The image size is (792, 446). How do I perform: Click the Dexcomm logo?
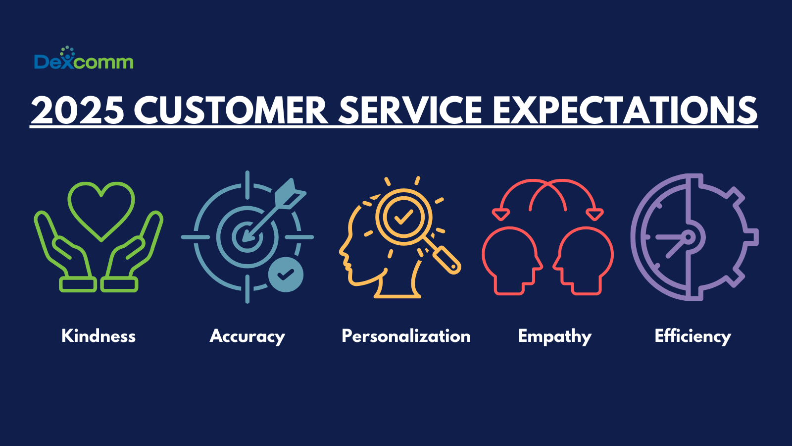[84, 59]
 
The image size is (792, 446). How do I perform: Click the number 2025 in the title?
[77, 110]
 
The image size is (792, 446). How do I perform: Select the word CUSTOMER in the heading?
[231, 110]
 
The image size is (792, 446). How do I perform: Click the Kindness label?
[99, 336]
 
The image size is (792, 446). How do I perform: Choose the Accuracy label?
[247, 336]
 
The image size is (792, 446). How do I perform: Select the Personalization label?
[406, 336]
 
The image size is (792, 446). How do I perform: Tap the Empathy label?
[554, 336]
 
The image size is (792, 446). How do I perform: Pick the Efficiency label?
[693, 336]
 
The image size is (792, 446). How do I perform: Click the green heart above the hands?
[101, 208]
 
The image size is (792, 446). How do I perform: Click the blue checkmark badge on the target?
[286, 274]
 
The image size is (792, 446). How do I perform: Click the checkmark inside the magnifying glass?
[403, 217]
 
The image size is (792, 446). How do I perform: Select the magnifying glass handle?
[446, 260]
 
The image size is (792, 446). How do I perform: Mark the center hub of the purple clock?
[688, 237]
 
